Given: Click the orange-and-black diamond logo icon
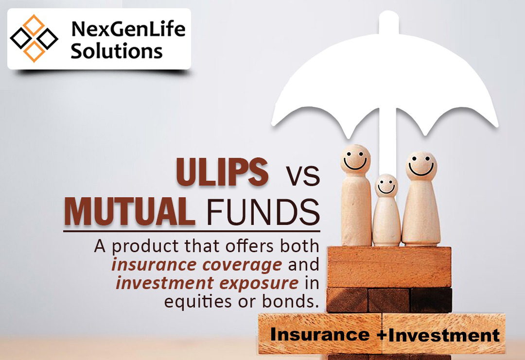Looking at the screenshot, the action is pos(34,38).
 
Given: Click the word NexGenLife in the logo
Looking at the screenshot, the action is pos(128,29).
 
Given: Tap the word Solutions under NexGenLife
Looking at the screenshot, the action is pos(117,51).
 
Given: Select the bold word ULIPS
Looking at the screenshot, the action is pos(222,171).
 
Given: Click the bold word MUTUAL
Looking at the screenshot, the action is pos(130,211).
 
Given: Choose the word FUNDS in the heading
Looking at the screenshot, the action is pos(263,212).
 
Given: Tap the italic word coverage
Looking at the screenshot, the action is pos(242,265).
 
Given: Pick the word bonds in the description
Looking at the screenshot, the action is pos(289,301).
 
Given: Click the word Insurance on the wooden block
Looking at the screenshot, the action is pos(320,334).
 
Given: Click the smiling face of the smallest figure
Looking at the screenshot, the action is pos(386,186).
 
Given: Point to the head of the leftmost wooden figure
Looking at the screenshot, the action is pos(355,159).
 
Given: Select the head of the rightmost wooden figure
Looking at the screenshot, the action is pos(421,166).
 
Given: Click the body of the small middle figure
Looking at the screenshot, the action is pos(386,221).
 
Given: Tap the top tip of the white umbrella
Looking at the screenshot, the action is pos(389,12).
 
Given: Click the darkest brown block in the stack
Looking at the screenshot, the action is pos(431,300).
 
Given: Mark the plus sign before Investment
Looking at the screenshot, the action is pos(382,335).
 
